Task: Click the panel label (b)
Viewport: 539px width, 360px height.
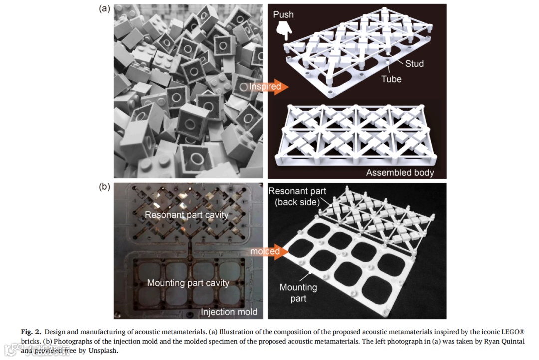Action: (105, 187)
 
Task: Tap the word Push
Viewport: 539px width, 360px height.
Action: (283, 14)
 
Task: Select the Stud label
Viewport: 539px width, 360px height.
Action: (414, 63)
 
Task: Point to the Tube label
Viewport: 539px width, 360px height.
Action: (391, 79)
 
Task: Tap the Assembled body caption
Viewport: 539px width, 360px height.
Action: (400, 173)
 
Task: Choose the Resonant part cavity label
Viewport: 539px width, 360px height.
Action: (187, 215)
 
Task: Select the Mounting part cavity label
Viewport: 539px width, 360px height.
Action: (188, 283)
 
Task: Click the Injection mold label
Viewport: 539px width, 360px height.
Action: (229, 312)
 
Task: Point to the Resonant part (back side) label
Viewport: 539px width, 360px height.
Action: (297, 196)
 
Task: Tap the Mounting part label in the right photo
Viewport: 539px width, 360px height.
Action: (298, 293)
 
